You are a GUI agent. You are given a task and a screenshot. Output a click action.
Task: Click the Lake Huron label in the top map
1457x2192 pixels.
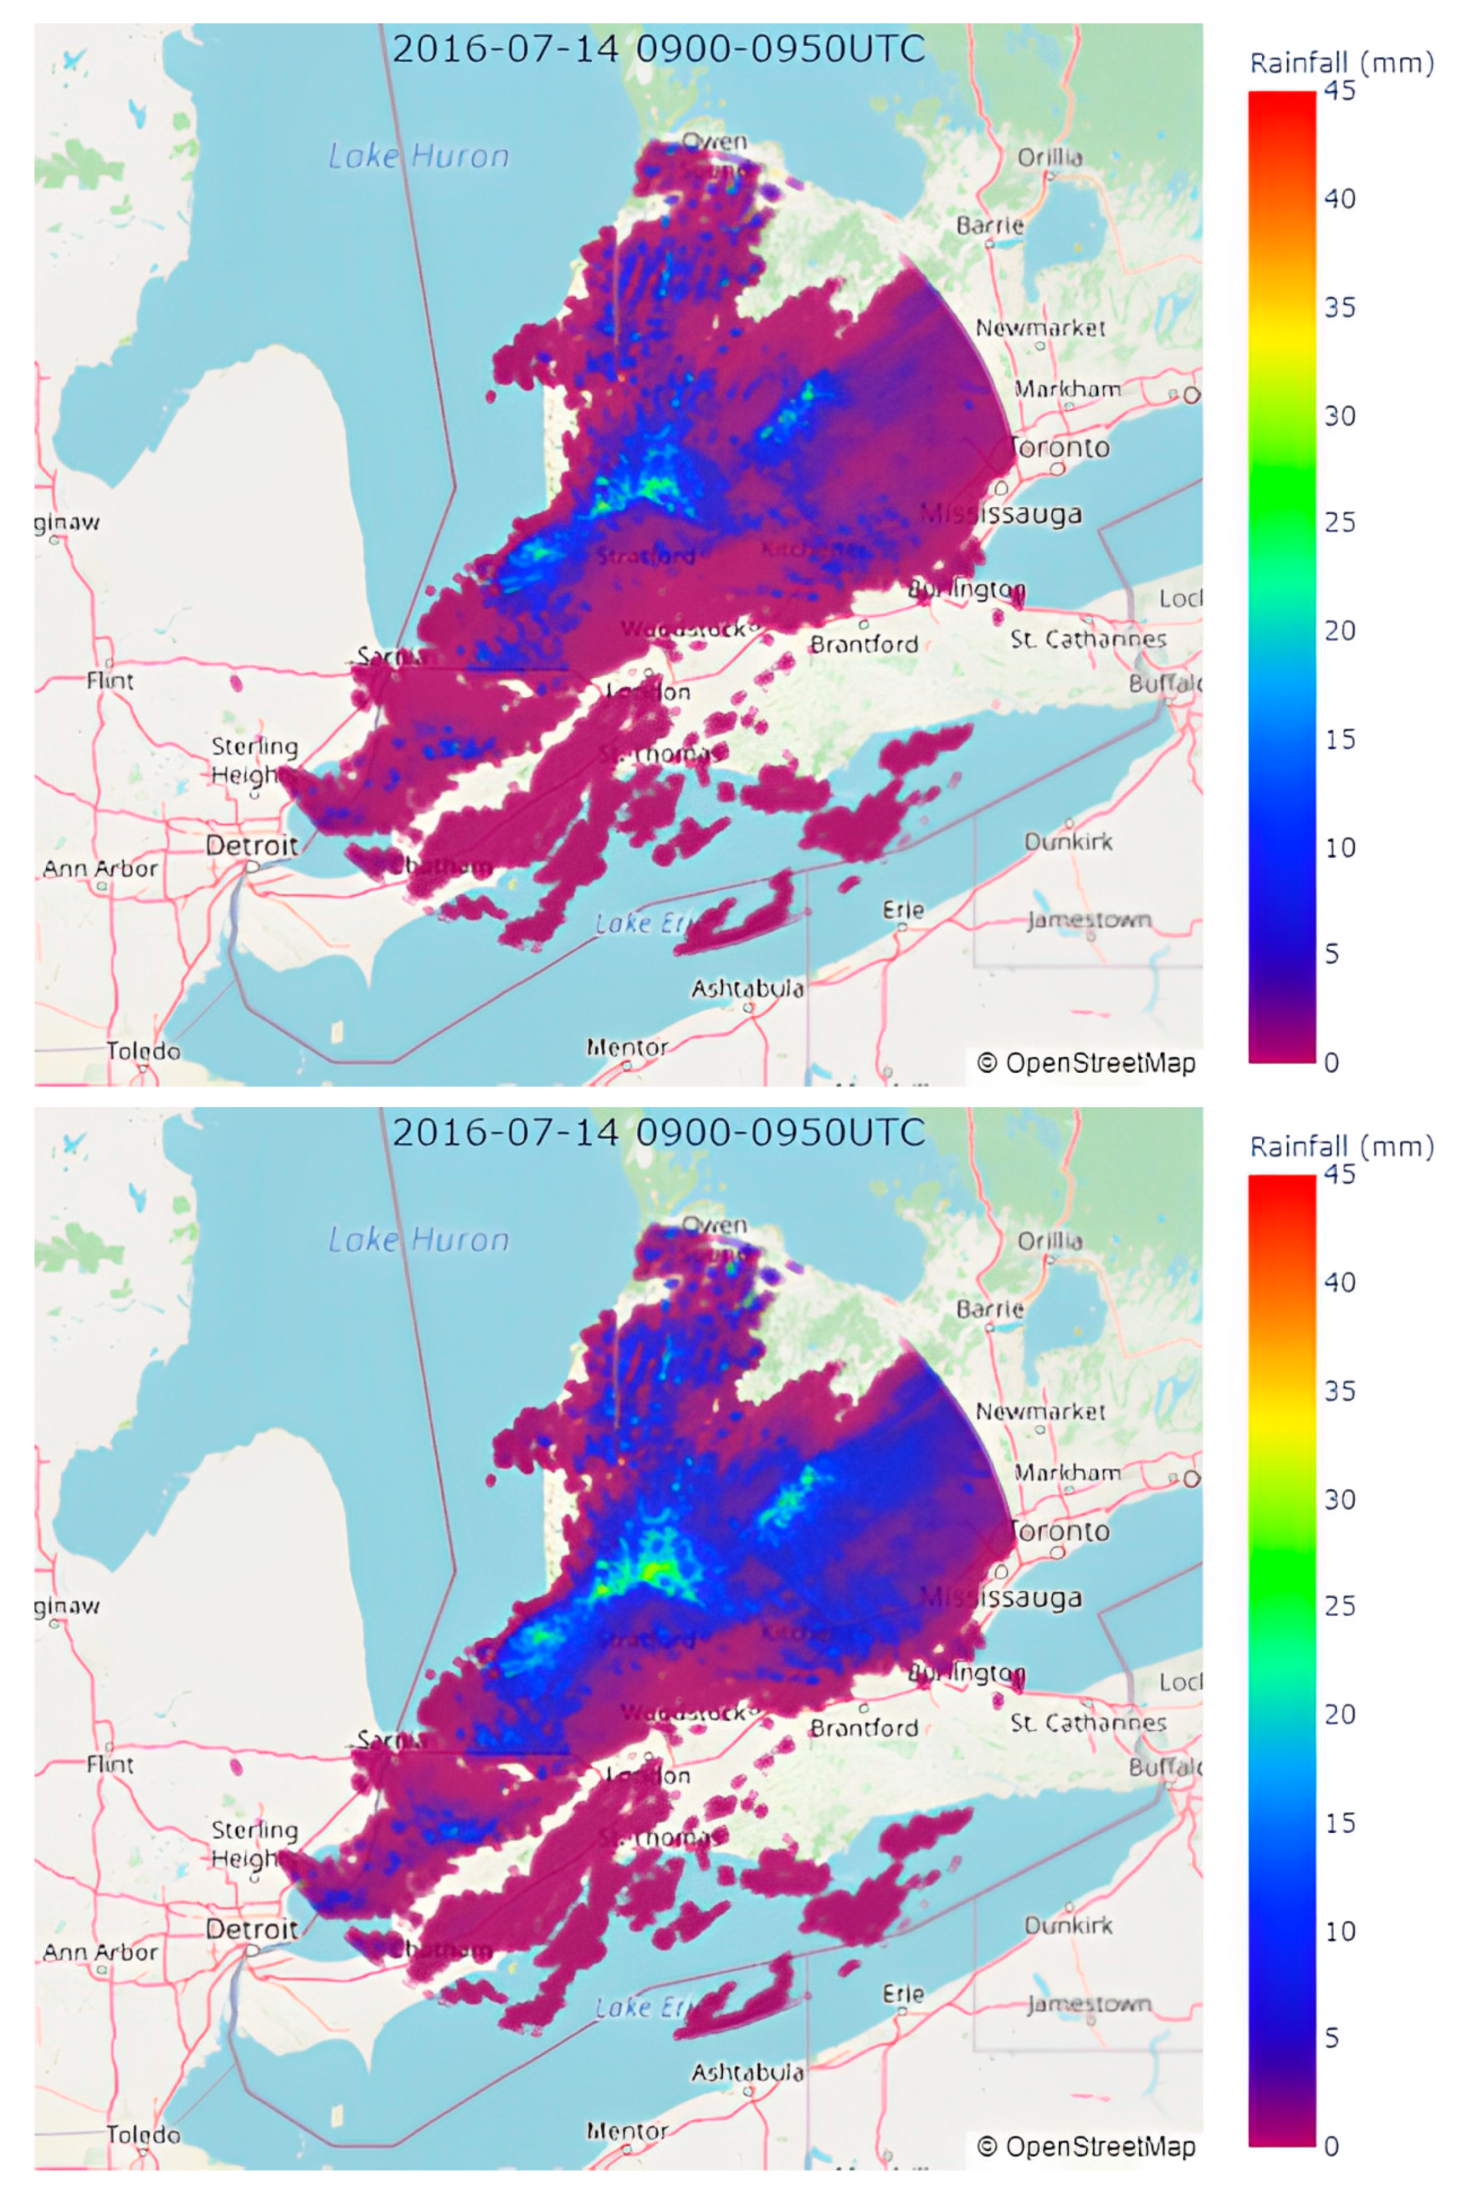pos(419,155)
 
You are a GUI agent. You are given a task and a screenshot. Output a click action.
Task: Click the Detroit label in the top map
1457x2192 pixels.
pos(252,846)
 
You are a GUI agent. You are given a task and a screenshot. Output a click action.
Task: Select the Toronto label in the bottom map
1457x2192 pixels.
pos(1061,1531)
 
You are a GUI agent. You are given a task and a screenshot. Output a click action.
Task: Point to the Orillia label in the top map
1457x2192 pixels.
pos(1050,157)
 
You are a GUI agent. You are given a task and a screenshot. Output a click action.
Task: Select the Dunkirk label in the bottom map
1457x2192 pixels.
pos(1069,1925)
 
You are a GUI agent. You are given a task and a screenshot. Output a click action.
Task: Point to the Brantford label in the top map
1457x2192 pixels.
pos(864,644)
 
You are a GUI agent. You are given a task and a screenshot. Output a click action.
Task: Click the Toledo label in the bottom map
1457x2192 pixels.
pos(143,2134)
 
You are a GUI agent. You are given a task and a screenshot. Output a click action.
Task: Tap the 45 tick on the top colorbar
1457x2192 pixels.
pos(1339,91)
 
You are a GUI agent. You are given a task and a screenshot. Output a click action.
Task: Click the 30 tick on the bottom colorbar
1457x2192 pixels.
pos(1339,1499)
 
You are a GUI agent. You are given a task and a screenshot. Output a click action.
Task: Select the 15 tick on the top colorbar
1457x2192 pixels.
pos(1339,740)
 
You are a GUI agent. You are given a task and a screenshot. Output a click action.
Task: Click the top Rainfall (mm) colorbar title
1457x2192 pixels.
pos(1341,63)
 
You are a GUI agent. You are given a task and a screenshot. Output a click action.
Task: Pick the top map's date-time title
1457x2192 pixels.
pos(658,48)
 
